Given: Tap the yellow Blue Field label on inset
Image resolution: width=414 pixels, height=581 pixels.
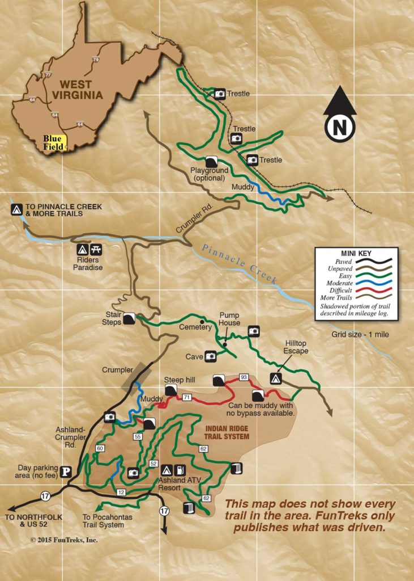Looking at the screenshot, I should tap(54, 142).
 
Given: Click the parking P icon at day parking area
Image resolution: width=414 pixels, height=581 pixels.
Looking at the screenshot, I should tap(66, 471).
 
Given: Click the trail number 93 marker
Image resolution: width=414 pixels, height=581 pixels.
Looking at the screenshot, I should tap(244, 377).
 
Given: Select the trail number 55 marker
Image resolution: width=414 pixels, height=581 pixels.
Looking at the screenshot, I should tap(137, 436).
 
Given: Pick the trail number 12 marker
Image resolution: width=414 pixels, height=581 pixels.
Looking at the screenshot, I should tap(121, 491).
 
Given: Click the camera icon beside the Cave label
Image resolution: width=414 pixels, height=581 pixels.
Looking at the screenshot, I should tap(211, 356).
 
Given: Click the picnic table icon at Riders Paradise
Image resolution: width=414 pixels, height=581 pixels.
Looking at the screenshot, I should tap(96, 249).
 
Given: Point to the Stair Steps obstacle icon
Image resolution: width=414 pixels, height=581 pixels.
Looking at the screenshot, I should tap(129, 318).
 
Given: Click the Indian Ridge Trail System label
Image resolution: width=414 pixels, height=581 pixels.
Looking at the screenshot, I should tap(227, 432).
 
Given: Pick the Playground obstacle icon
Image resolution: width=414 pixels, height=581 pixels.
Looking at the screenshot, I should tap(211, 161).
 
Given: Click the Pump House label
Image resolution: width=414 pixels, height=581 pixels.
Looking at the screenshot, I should tap(229, 319).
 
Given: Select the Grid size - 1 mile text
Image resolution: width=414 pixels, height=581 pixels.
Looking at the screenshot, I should tap(360, 334).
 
